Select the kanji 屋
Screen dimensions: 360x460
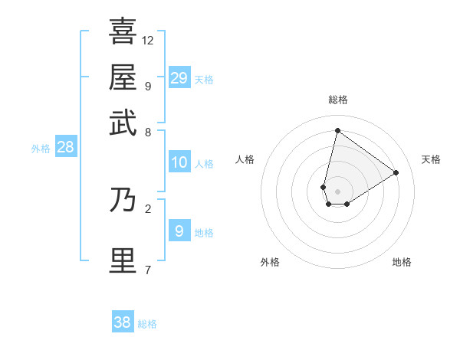(x=123, y=77)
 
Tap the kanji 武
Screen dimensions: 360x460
(x=123, y=123)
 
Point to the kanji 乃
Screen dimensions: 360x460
(x=123, y=200)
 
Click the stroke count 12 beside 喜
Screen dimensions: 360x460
(x=148, y=40)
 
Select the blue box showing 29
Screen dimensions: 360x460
(x=179, y=77)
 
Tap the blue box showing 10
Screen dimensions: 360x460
(x=179, y=162)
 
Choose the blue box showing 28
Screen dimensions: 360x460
(x=65, y=148)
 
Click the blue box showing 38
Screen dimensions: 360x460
(x=123, y=322)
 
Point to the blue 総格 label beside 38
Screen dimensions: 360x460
(x=147, y=324)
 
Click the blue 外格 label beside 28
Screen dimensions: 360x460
(x=41, y=149)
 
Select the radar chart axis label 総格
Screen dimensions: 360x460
(x=338, y=100)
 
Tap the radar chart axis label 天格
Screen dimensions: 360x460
(x=431, y=159)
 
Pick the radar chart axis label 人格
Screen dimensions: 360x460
(x=245, y=159)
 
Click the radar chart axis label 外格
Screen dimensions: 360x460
(x=270, y=262)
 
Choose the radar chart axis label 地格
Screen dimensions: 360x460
(x=402, y=262)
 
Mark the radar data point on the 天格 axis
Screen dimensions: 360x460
(x=396, y=172)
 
